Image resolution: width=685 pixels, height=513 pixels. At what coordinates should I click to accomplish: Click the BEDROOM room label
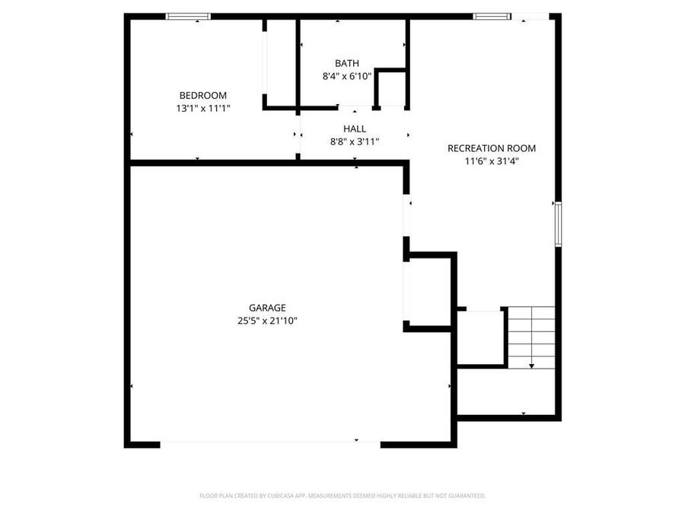tap(202, 95)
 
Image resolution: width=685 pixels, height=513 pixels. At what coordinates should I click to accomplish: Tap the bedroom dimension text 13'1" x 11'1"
tap(202, 109)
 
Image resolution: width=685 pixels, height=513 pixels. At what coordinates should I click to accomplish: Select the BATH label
tap(346, 63)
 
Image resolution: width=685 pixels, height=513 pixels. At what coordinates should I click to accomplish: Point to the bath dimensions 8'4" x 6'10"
tap(346, 77)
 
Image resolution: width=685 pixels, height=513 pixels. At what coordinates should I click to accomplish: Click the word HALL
tap(354, 128)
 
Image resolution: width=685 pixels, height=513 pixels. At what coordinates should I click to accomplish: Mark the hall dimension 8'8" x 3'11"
tap(354, 141)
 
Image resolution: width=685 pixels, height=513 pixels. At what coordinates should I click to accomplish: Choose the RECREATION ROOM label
tap(491, 148)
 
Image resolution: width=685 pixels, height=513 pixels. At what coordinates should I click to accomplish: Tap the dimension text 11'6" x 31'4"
tap(491, 161)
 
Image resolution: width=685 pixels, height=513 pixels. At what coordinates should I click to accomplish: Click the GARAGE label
tap(266, 308)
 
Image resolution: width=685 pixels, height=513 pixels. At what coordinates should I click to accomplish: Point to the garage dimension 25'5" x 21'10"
tap(266, 321)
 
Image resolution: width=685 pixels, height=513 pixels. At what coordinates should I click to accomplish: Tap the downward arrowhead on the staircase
tap(531, 366)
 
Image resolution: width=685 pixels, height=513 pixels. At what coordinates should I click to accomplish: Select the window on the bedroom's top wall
tap(188, 16)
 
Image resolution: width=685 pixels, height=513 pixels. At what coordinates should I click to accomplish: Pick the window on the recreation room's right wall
tap(558, 224)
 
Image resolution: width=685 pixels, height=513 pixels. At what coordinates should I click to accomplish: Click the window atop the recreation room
tap(491, 16)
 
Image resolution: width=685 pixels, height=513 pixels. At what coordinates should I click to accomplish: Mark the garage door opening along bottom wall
tap(270, 443)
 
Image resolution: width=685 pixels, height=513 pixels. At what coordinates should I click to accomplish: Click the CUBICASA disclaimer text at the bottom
tap(342, 496)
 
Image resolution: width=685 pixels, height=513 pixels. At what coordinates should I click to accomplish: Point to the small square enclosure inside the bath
tap(390, 89)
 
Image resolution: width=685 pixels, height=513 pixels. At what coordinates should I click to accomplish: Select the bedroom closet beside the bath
tap(280, 64)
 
